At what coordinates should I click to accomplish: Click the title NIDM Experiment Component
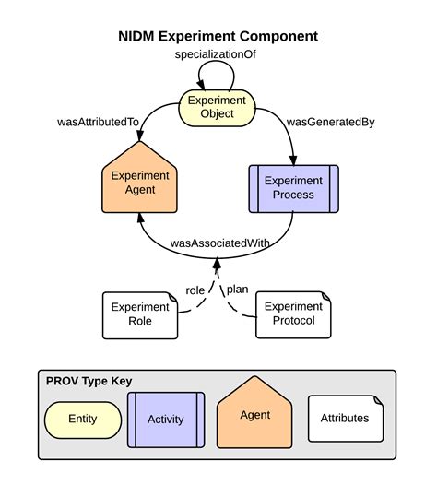pos(218,37)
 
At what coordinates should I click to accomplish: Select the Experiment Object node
pos(218,107)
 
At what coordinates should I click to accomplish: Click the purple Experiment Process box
pos(294,187)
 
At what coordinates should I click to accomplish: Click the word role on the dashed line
pos(195,290)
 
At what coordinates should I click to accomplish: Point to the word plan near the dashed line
pos(238,289)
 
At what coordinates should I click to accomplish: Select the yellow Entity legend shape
pos(82,420)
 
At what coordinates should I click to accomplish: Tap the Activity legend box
pos(165,420)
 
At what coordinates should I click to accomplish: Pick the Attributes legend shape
pos(344,418)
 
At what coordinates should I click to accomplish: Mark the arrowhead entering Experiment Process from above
pos(294,160)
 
